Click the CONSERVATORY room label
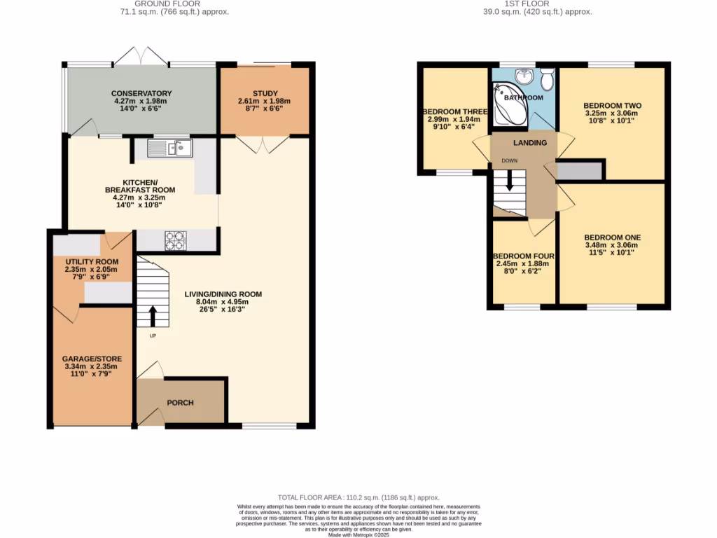point(141,93)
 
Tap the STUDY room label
point(265,93)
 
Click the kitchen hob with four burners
point(175,240)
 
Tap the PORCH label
point(180,403)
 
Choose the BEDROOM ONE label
point(612,237)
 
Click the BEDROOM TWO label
point(613,106)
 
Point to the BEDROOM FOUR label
point(520,256)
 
